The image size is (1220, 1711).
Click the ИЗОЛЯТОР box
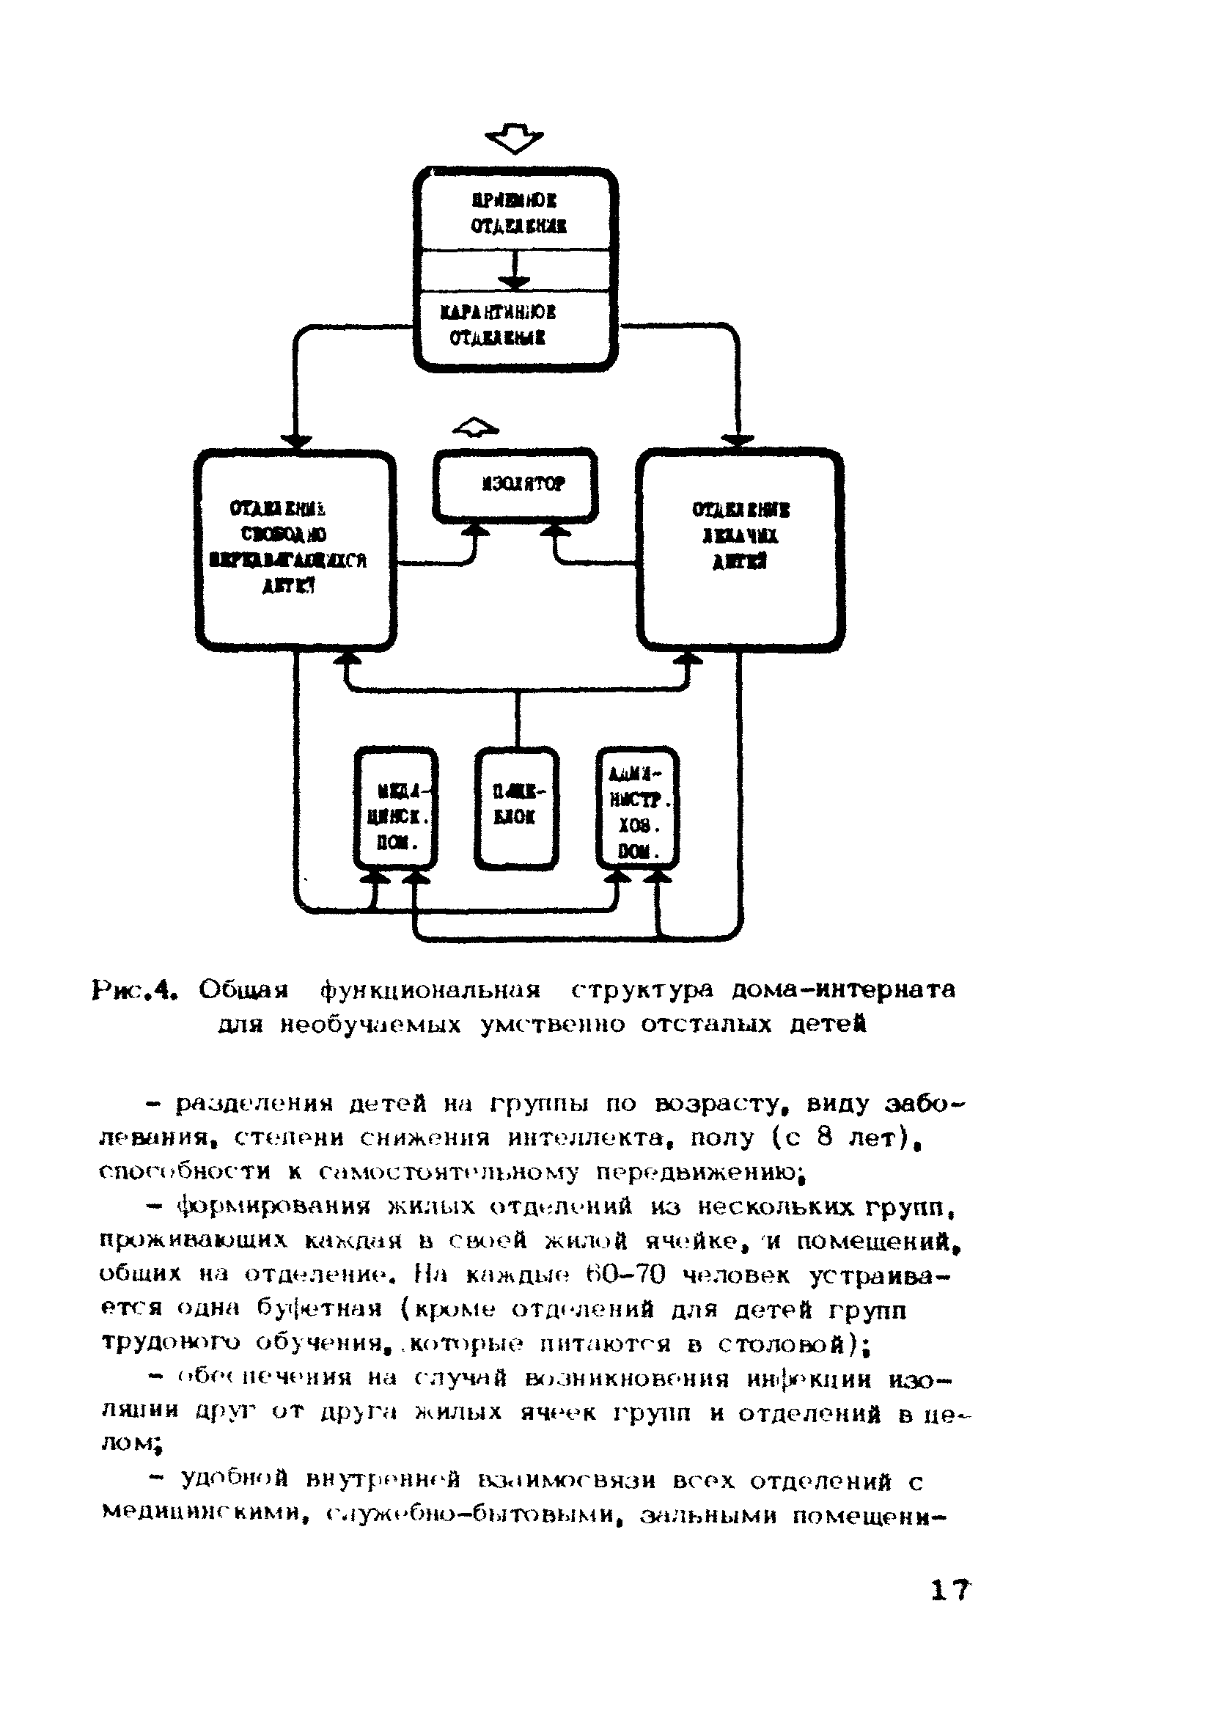click(x=515, y=484)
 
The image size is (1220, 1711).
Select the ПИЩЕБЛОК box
click(x=517, y=807)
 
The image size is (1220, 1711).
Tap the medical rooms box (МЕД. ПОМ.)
click(x=396, y=807)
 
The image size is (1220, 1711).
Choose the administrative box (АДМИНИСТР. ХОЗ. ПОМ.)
click(x=637, y=807)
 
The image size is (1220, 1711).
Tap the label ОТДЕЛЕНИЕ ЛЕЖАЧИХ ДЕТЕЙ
click(x=740, y=536)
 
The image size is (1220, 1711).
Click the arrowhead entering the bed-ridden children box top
click(x=739, y=441)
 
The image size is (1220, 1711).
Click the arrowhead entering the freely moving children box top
click(x=297, y=441)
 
